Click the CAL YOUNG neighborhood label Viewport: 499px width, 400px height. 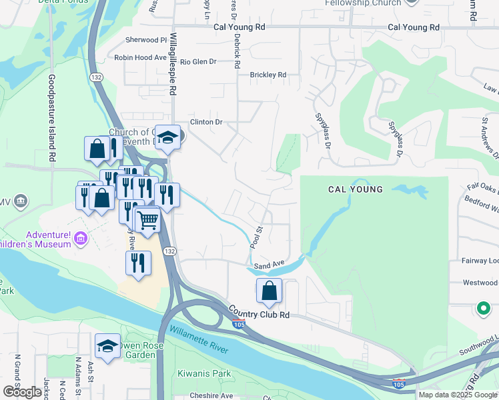tap(356, 189)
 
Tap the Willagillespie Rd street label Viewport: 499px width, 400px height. tap(172, 64)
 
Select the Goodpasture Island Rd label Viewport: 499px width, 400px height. tap(51, 118)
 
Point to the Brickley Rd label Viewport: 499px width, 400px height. tap(268, 75)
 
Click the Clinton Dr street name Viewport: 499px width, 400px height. tap(205, 122)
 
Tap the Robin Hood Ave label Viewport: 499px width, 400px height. tap(140, 58)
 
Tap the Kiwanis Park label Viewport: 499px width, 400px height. tap(203, 373)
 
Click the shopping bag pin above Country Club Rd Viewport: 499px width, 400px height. tap(269, 291)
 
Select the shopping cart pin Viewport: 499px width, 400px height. tap(147, 220)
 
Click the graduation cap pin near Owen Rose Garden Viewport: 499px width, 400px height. tap(107, 346)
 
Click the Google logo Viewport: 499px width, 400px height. tap(22, 392)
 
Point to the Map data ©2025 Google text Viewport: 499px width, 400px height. tap(458, 395)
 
